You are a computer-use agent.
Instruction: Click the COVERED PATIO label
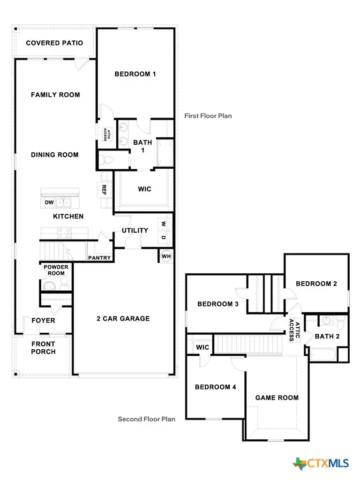coord(54,43)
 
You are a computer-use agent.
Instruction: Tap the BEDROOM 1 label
coord(135,74)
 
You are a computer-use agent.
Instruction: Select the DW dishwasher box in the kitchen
coord(49,202)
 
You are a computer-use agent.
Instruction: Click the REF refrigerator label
coord(104,189)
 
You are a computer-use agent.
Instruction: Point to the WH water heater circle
coord(166,256)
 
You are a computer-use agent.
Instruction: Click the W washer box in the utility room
coord(164,224)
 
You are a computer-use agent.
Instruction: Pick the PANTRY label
coord(100,258)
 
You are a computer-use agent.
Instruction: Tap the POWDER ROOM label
coord(56,270)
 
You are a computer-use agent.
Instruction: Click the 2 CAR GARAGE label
coord(123,319)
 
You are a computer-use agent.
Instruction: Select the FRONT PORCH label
coord(43,348)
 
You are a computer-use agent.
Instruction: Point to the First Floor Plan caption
coord(208,116)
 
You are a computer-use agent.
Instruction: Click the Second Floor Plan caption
coord(146,419)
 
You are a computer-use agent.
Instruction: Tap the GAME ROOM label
coord(277,397)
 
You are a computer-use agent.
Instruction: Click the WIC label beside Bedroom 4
coord(202,347)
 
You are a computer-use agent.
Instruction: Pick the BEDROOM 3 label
coord(218,304)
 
